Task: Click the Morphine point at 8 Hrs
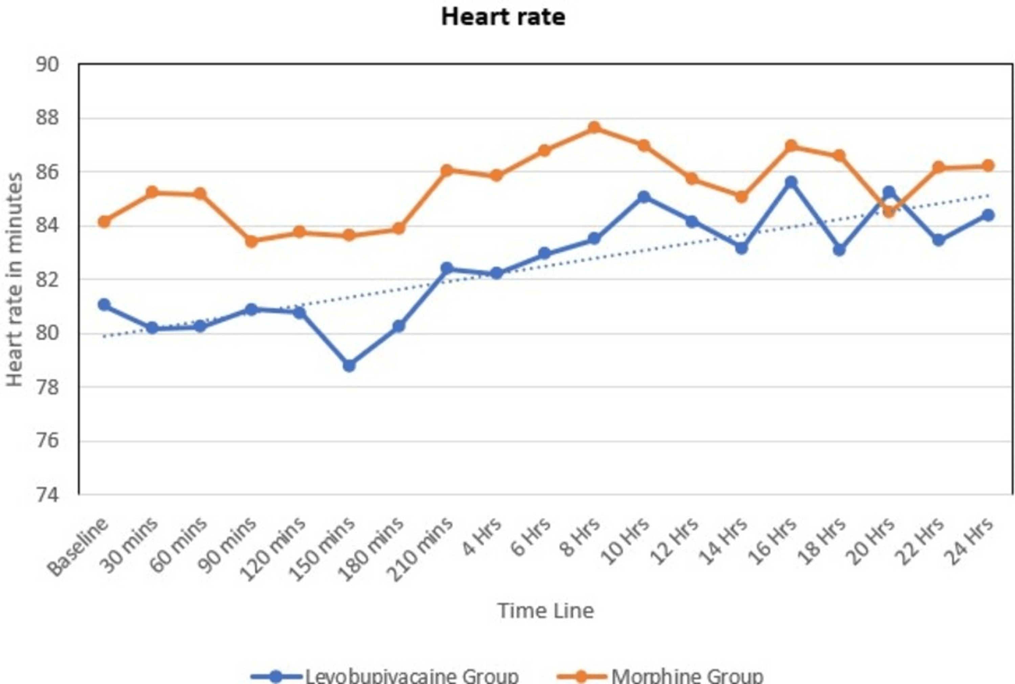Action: [594, 128]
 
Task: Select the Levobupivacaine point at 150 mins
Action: [349, 366]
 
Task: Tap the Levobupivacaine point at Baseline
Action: [104, 304]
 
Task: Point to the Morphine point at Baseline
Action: [104, 221]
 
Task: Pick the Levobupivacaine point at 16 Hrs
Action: [791, 182]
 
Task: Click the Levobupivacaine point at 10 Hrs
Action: [644, 197]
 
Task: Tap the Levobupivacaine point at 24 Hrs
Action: [988, 215]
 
